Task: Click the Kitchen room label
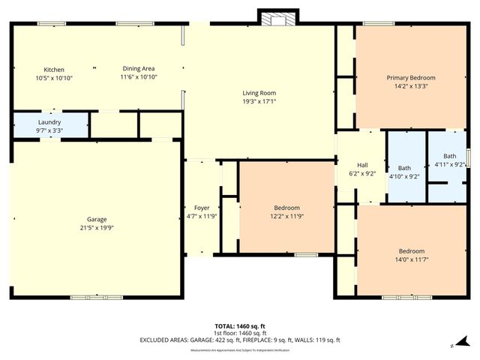pos(54,69)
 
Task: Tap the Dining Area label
pos(139,69)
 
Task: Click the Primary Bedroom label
pos(410,77)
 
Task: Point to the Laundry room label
pos(49,121)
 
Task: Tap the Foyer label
pos(202,208)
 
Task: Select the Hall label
pos(362,164)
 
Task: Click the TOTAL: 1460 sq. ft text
pos(240,326)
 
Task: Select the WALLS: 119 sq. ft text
pos(318,340)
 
